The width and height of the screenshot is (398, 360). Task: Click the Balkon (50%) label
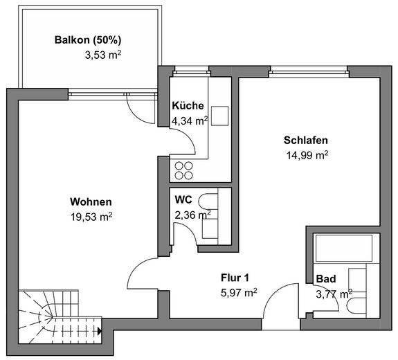pyautogui.click(x=88, y=40)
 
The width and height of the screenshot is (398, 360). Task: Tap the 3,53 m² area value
pyautogui.click(x=103, y=55)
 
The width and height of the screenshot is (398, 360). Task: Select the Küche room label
pyautogui.click(x=188, y=106)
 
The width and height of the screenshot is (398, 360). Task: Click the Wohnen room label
pyautogui.click(x=91, y=202)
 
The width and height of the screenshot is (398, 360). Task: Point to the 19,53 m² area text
pyautogui.click(x=91, y=217)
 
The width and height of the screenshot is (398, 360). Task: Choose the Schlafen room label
pyautogui.click(x=306, y=140)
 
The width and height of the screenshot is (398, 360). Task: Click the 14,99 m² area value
pyautogui.click(x=307, y=155)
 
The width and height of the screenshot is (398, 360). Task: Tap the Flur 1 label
pyautogui.click(x=235, y=278)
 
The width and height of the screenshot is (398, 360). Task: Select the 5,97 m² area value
pyautogui.click(x=239, y=293)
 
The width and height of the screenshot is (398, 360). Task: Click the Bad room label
pyautogui.click(x=326, y=279)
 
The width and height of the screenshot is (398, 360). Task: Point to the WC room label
pyautogui.click(x=183, y=200)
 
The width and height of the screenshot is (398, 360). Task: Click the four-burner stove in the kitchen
pyautogui.click(x=183, y=170)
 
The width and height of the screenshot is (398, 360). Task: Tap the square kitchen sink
pyautogui.click(x=220, y=116)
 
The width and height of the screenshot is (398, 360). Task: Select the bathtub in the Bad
pyautogui.click(x=344, y=248)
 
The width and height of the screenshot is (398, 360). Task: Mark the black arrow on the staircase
pyautogui.click(x=100, y=331)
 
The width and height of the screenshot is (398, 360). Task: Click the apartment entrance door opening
pyautogui.click(x=281, y=325)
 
